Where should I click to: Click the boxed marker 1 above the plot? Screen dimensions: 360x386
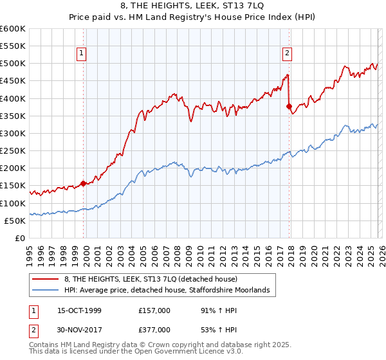click(83, 54)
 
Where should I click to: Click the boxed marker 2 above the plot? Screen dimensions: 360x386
click(287, 54)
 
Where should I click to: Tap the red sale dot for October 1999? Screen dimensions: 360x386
click(84, 183)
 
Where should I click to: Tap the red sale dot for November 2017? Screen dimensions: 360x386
click(289, 106)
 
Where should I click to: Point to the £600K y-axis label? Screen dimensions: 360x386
click(13, 29)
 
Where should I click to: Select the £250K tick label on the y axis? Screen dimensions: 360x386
click(13, 151)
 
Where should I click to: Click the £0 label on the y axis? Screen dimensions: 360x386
click(20, 239)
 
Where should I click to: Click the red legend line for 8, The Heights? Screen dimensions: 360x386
click(46, 280)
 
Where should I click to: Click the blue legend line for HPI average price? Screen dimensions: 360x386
click(46, 291)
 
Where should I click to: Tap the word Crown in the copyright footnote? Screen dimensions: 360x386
click(137, 345)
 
